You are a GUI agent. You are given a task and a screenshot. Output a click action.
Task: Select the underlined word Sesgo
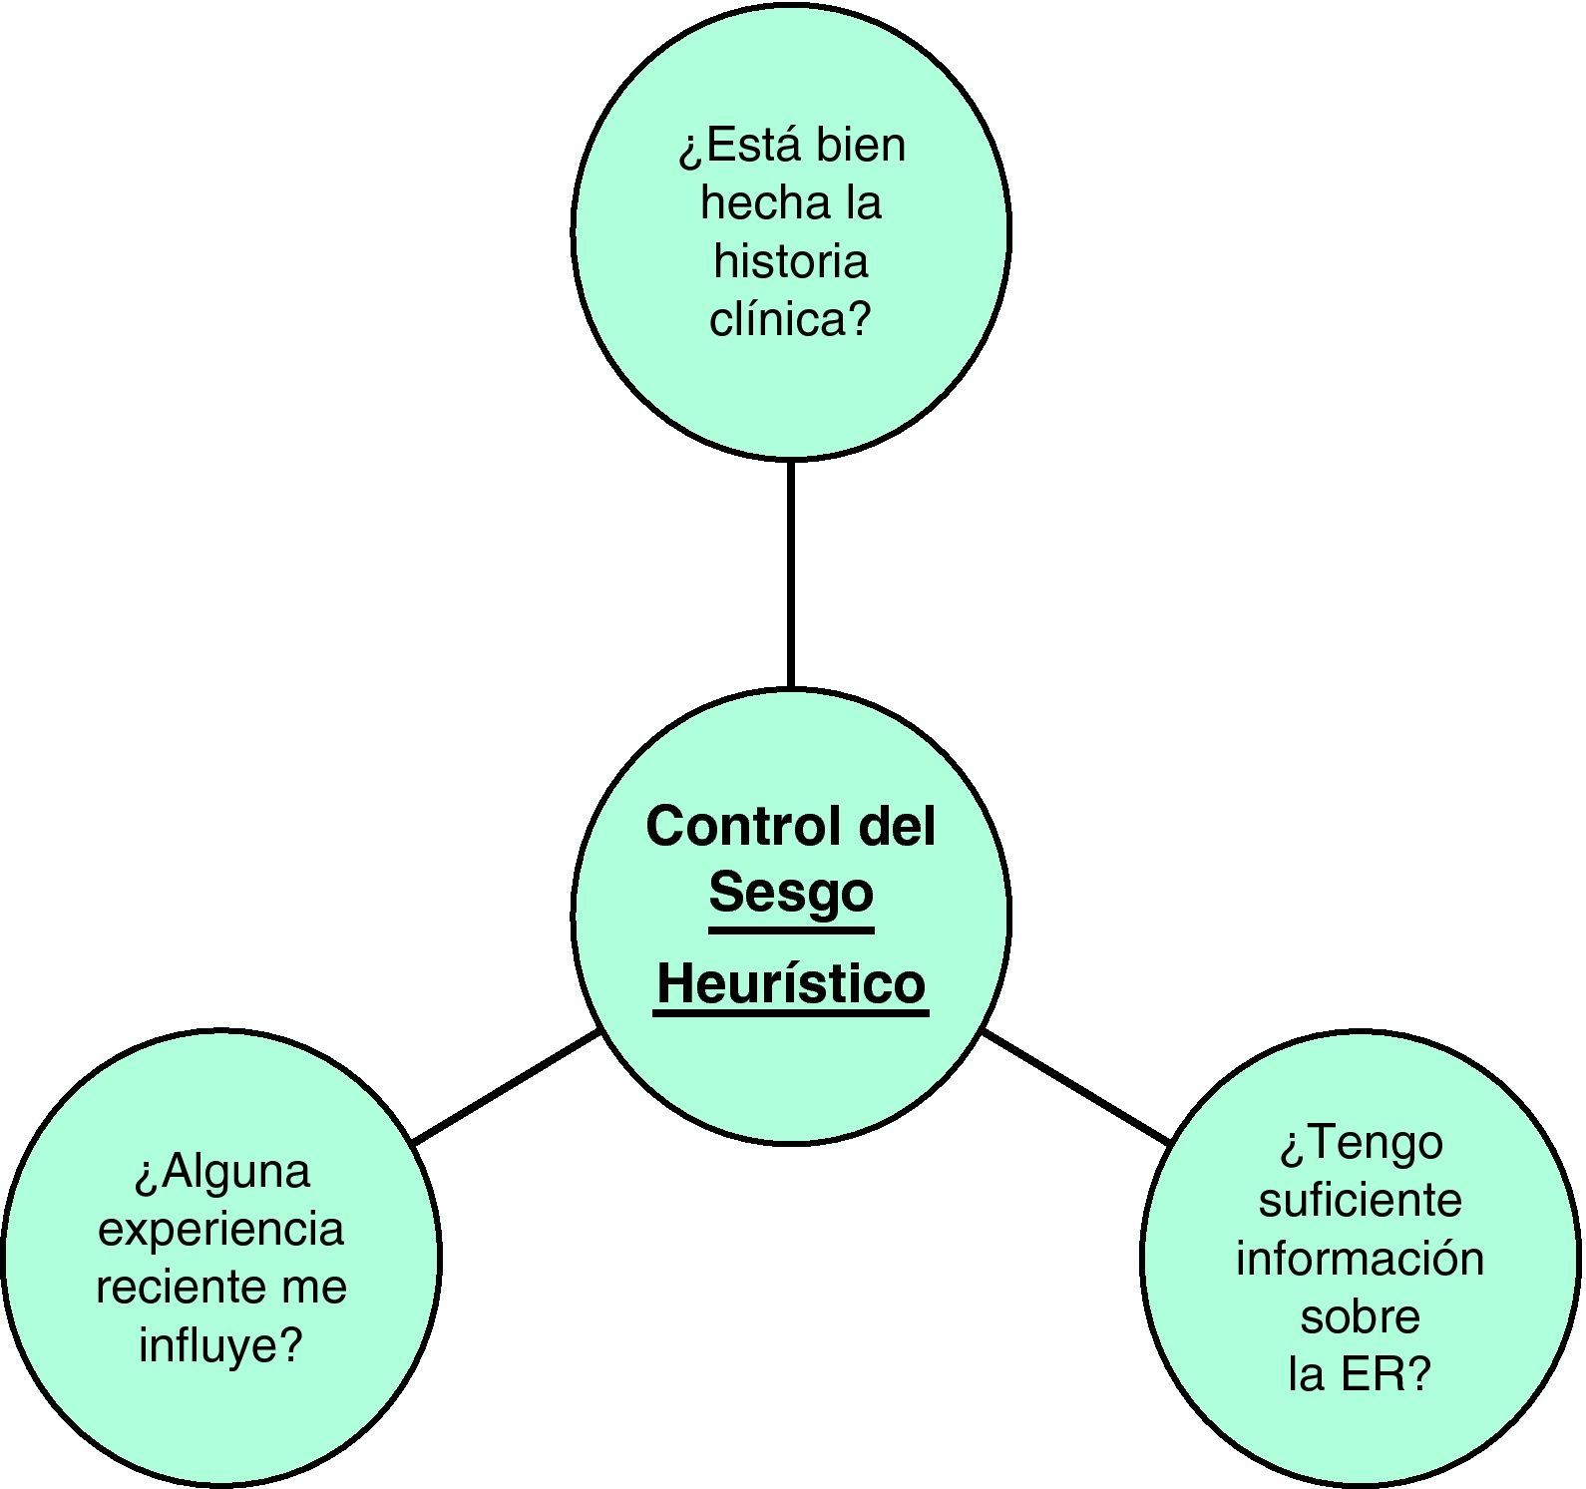click(791, 893)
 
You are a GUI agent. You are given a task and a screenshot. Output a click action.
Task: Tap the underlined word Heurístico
click(791, 984)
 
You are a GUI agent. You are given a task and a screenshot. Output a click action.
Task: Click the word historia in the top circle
click(791, 261)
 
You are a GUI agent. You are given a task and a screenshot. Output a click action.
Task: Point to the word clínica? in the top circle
click(791, 319)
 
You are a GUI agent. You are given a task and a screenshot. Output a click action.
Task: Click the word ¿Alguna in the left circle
click(221, 1171)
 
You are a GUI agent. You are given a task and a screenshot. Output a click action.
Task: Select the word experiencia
click(221, 1229)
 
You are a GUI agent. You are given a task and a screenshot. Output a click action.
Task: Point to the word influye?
click(221, 1344)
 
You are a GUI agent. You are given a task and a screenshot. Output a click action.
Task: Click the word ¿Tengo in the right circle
click(1361, 1143)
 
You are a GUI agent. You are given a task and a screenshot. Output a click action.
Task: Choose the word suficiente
click(1361, 1200)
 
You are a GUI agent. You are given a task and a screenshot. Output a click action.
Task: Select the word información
click(1361, 1258)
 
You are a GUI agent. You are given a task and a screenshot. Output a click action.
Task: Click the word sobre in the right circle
click(1361, 1316)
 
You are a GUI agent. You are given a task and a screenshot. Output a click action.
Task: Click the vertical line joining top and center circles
click(791, 573)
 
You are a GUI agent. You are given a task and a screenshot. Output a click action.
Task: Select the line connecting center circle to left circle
click(507, 1087)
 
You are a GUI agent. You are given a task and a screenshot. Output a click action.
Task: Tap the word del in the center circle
click(897, 827)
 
